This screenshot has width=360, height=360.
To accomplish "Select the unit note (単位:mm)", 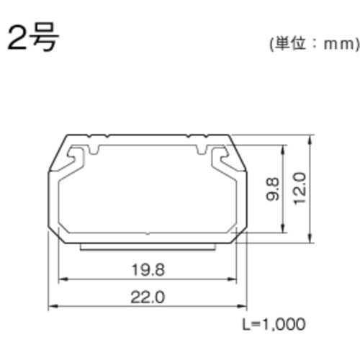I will click(312, 44).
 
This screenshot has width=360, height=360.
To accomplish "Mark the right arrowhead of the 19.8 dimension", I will click(235, 281).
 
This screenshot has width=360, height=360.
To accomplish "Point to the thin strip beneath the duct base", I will click(148, 246).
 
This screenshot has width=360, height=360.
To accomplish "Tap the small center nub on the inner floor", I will click(148, 233).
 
